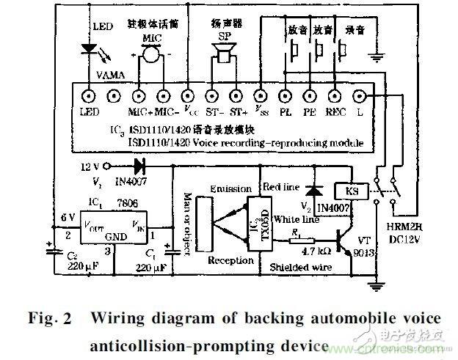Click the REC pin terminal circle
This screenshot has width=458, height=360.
(335, 95)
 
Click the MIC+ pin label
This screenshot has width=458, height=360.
(138, 112)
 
